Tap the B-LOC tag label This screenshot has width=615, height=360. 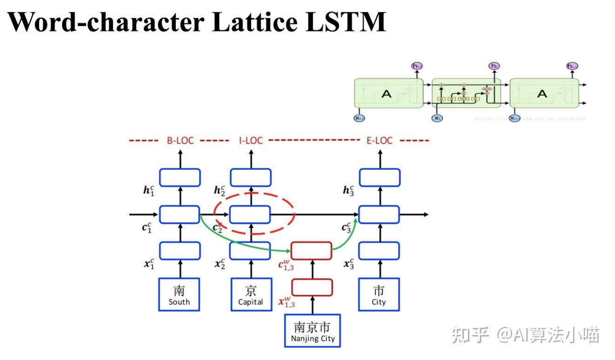point(180,140)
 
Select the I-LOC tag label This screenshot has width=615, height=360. point(251,140)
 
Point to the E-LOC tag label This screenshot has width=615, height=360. point(380,140)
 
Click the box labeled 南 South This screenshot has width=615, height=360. point(180,294)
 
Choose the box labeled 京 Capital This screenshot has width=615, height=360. point(251,294)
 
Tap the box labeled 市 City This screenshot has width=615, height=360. point(379,294)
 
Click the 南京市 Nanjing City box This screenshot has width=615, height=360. point(313,330)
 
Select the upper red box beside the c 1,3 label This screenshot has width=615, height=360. point(311,251)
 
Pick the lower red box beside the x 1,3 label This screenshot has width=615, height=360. point(312,287)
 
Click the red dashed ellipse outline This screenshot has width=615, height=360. point(294,214)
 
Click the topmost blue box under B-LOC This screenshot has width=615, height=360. point(180,177)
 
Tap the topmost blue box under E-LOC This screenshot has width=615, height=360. point(380,177)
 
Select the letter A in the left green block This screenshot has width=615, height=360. point(387,94)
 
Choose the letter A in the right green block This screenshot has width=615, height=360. point(542,94)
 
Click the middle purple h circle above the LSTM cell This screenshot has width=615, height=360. point(494,66)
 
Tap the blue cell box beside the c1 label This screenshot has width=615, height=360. point(180,214)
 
